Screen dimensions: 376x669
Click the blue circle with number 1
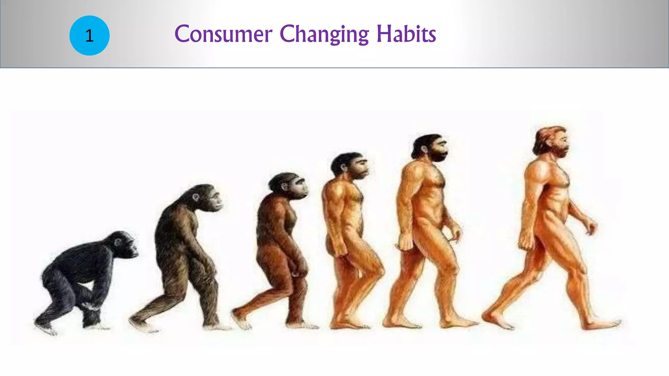89,35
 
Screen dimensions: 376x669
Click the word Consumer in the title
223,34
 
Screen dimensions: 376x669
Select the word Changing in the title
324,35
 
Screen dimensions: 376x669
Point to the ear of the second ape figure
195,197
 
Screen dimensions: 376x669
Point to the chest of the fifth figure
431,183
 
